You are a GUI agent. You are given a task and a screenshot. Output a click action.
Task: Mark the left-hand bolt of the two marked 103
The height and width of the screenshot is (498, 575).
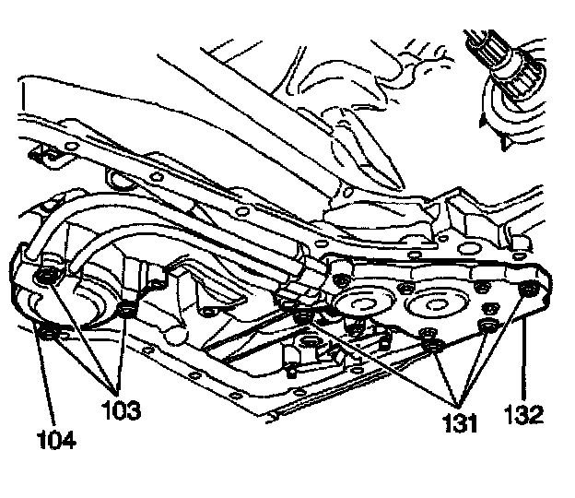point(44,278)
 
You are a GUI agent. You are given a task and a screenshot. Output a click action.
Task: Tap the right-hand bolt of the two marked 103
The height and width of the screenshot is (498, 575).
point(127,310)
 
